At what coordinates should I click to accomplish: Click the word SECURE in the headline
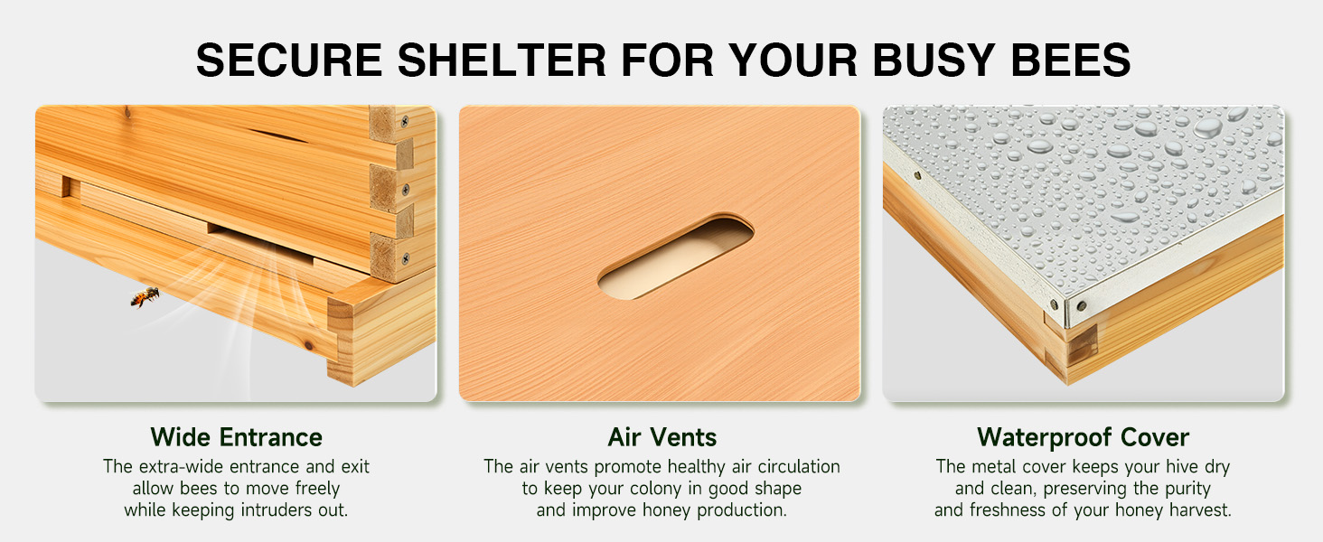(x=289, y=60)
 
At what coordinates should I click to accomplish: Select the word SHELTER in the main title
(x=502, y=60)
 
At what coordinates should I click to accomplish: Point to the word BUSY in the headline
(x=934, y=60)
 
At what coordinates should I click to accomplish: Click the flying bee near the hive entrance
(x=145, y=296)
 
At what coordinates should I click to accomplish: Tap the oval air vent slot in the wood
(x=676, y=257)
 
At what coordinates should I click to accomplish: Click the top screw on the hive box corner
(x=405, y=122)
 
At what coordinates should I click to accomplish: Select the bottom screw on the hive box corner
(x=405, y=258)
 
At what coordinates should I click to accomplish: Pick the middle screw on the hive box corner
(x=405, y=190)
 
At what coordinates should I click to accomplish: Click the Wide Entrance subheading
(x=236, y=437)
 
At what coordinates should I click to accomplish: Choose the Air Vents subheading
(x=661, y=437)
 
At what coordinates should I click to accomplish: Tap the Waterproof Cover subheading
(x=1083, y=437)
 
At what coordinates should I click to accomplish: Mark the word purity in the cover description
(x=1187, y=489)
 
